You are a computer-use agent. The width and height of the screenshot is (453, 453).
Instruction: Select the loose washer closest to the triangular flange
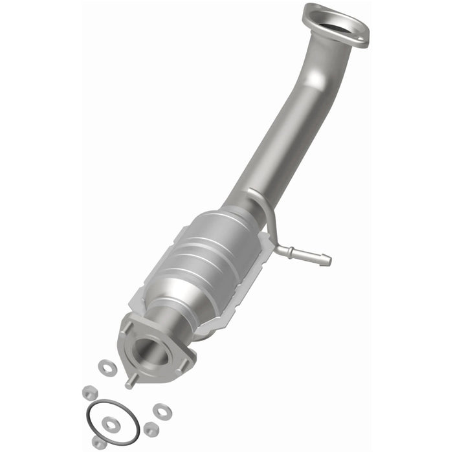coord(105,367)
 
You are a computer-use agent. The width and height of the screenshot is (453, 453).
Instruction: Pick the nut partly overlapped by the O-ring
coord(99,442)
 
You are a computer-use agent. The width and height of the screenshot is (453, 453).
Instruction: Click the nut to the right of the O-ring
coord(151,428)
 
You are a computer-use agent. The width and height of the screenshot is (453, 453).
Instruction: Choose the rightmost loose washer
coord(160,410)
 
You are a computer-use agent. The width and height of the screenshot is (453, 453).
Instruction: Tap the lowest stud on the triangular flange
coord(130,382)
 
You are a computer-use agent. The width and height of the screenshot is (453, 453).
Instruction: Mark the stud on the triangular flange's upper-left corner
coord(127,328)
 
